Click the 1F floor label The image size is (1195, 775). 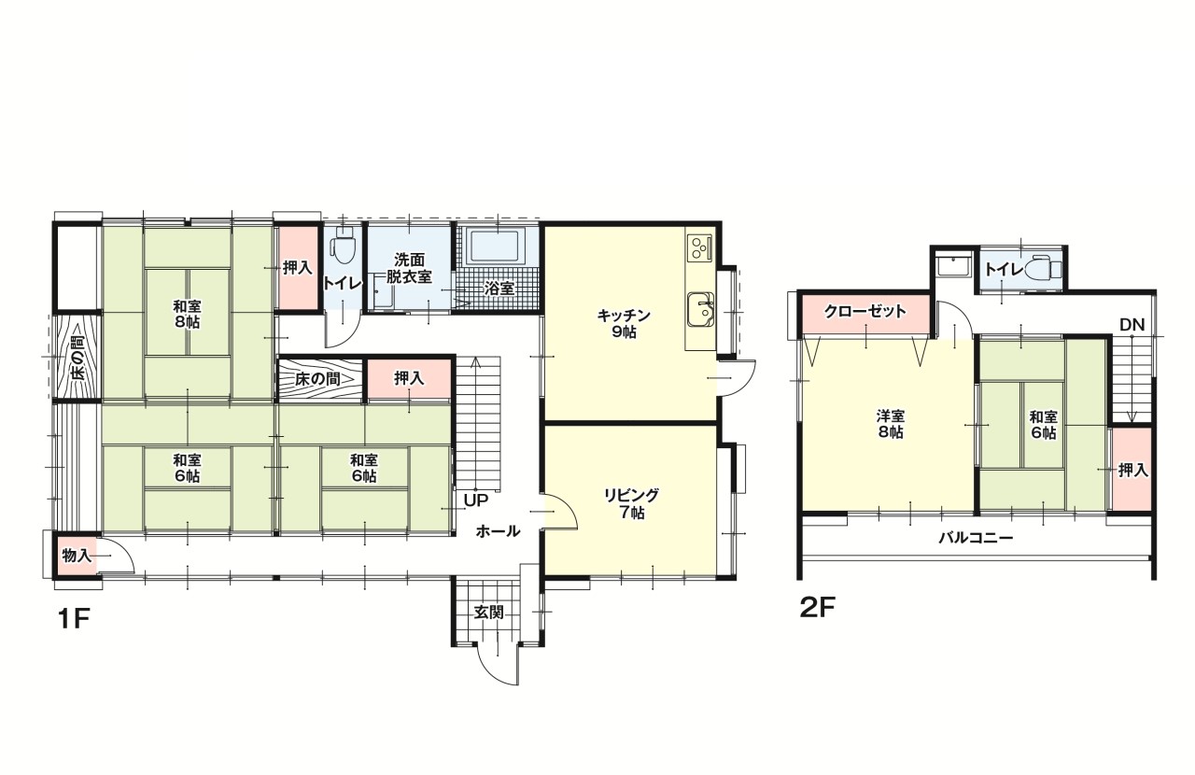pyautogui.click(x=73, y=619)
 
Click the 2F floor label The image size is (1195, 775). pyautogui.click(x=817, y=608)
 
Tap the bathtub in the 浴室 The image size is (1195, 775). pyautogui.click(x=495, y=247)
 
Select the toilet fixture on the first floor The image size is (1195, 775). pyautogui.click(x=343, y=247)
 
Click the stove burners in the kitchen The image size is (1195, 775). pyautogui.click(x=699, y=248)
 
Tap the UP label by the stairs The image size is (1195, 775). pyautogui.click(x=476, y=500)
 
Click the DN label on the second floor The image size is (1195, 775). pyautogui.click(x=1132, y=325)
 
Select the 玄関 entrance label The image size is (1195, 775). pyautogui.click(x=488, y=613)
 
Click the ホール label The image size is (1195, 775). pyautogui.click(x=498, y=531)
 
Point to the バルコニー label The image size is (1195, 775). pyautogui.click(x=976, y=538)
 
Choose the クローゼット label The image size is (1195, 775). pyautogui.click(x=865, y=311)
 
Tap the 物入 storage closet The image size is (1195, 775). pyautogui.click(x=77, y=556)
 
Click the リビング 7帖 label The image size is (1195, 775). pyautogui.click(x=632, y=503)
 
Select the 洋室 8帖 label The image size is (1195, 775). pyautogui.click(x=891, y=424)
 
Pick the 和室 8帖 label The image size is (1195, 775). pyautogui.click(x=187, y=315)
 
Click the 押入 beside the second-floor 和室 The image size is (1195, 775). pyautogui.click(x=1132, y=470)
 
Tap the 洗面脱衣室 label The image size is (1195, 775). pyautogui.click(x=409, y=268)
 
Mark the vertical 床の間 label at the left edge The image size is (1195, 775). pyautogui.click(x=77, y=357)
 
